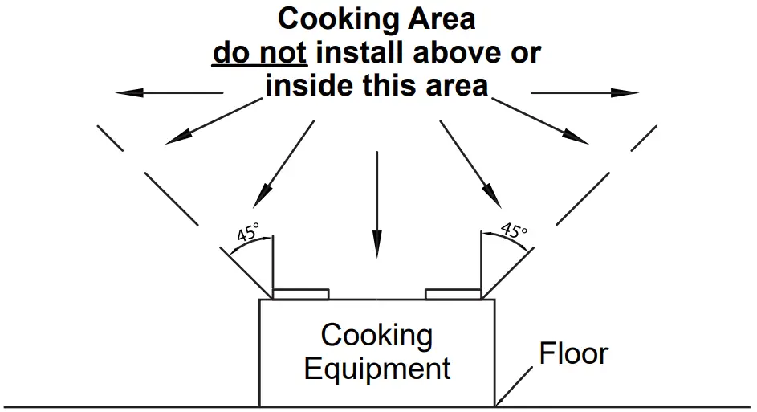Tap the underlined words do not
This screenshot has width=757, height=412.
(x=259, y=53)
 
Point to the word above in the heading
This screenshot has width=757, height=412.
(x=470, y=53)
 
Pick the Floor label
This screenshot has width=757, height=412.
(x=573, y=353)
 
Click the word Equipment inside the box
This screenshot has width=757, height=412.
(x=377, y=369)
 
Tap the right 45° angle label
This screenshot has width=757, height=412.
(x=514, y=231)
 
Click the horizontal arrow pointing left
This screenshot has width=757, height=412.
(x=169, y=93)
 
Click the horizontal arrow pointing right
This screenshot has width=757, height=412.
(x=584, y=93)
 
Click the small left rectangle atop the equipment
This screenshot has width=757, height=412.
(x=301, y=294)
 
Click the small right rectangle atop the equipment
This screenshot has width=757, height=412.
(x=452, y=294)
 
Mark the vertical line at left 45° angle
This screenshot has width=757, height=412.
(x=273, y=265)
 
